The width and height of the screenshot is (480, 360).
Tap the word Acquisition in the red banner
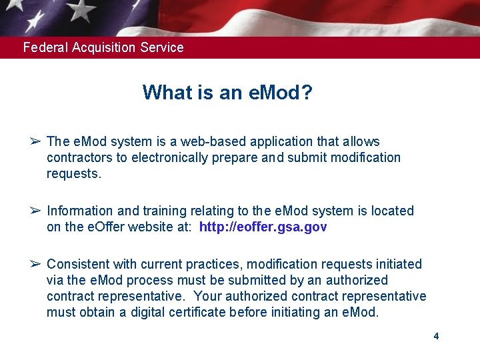pos(102,47)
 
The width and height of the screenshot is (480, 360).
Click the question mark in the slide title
pos(306,92)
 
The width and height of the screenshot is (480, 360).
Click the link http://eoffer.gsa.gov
pos(263,227)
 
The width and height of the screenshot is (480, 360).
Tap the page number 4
pos(436,336)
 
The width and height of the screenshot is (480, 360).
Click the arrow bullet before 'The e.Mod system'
pos(35,141)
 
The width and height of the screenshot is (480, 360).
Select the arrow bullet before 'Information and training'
pos(35,211)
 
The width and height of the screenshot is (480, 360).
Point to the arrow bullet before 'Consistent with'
pos(35,264)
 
